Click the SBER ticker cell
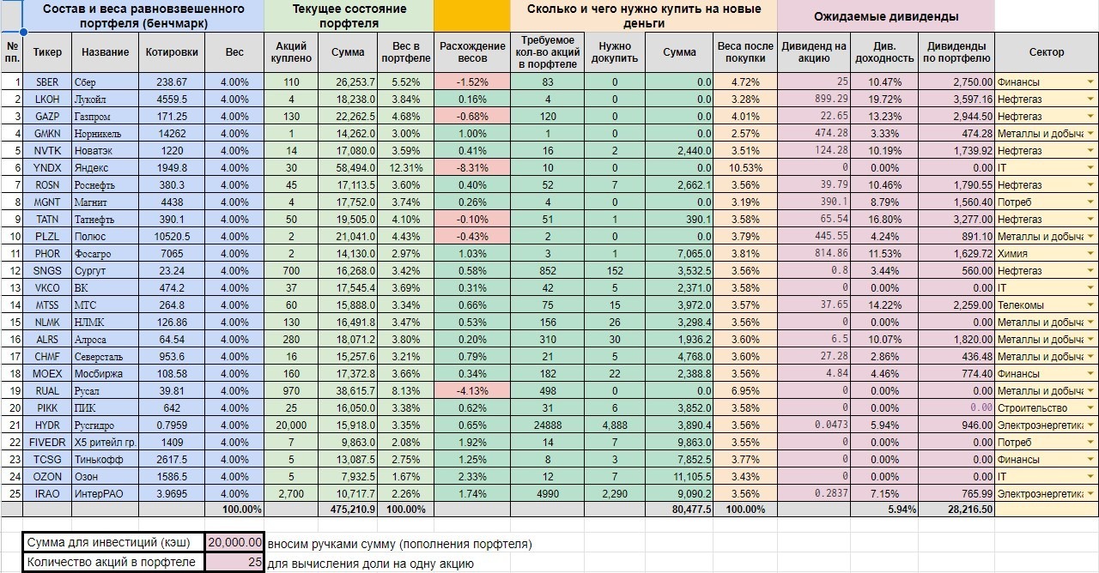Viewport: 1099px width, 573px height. (47, 82)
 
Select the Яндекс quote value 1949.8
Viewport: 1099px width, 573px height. (172, 168)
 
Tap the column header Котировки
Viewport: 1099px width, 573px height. (172, 51)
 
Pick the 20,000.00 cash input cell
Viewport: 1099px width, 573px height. (234, 543)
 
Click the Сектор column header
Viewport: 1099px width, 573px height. (1046, 51)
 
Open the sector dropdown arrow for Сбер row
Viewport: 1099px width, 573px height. (1090, 82)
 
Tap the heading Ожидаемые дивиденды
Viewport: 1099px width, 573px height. (886, 16)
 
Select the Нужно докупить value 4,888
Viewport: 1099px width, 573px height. (615, 425)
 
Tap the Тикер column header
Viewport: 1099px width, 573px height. (47, 51)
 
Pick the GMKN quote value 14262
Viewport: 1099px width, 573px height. (172, 134)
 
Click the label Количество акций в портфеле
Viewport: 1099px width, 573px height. (113, 563)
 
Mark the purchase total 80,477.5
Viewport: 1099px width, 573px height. (680, 510)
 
